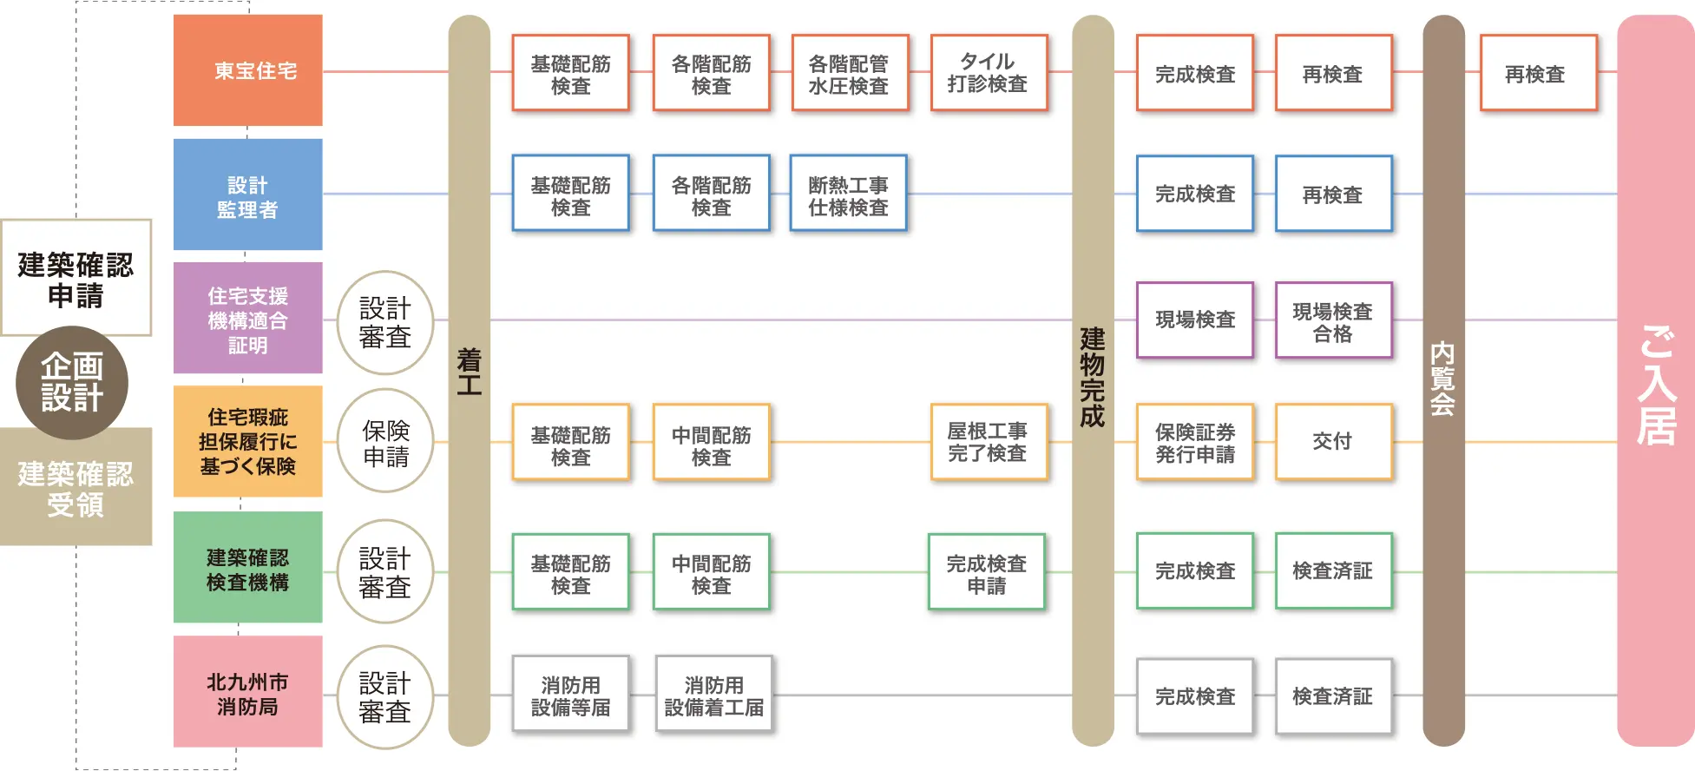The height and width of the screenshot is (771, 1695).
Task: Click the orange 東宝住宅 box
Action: point(247,70)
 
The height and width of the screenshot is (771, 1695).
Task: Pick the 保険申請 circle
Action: point(384,441)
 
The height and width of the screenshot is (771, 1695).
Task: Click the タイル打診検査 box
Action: point(989,73)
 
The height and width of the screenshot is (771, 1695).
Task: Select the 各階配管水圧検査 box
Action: point(850,73)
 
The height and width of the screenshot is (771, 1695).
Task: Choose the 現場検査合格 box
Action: point(1333,320)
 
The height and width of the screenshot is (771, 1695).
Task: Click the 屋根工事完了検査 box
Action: point(989,442)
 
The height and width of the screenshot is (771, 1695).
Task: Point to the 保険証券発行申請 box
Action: point(1195,442)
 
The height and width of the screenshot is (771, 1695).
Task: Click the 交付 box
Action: point(1333,442)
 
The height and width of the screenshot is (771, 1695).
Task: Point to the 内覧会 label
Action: point(1442,379)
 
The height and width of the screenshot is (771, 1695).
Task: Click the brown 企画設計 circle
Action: point(72,382)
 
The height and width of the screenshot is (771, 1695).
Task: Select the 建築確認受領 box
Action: point(76,488)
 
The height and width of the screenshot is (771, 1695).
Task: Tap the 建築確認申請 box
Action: point(76,278)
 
